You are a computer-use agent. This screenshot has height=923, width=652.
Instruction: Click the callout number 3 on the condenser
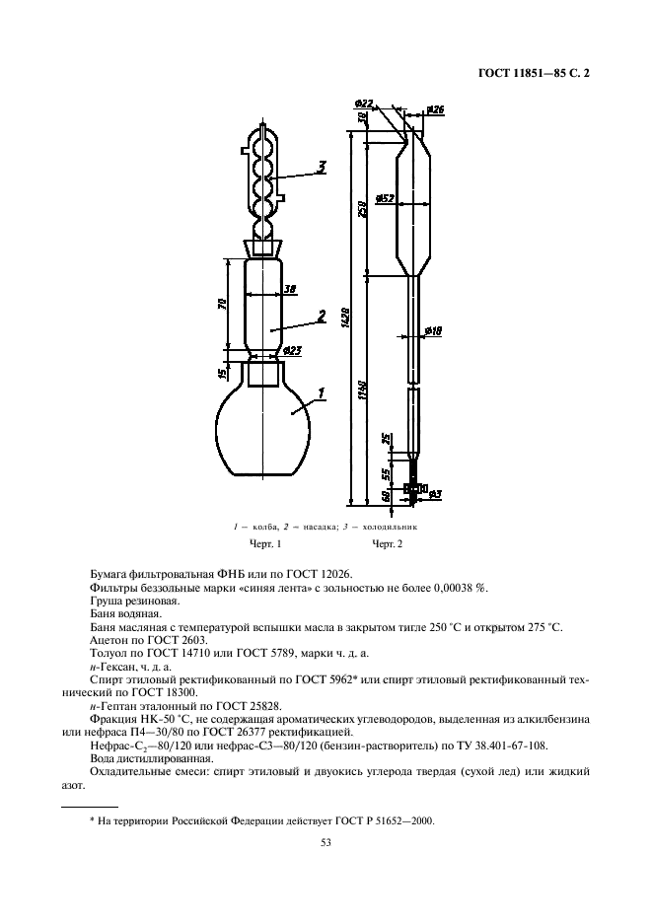tap(321, 166)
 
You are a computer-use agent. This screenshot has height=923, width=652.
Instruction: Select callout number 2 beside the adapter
tap(321, 317)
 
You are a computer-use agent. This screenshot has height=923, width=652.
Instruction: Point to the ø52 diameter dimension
tap(386, 198)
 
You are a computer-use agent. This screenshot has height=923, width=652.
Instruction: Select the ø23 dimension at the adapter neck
tap(291, 349)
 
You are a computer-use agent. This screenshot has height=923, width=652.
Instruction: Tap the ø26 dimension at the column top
tap(436, 109)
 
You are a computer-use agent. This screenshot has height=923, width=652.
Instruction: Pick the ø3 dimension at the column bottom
tap(434, 491)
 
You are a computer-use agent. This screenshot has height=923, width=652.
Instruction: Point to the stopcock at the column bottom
tap(412, 488)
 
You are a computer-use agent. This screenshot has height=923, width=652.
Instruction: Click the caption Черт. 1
tap(264, 544)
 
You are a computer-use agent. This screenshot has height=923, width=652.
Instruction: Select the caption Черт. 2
tap(388, 544)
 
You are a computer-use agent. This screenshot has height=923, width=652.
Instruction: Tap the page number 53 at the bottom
tap(326, 843)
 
